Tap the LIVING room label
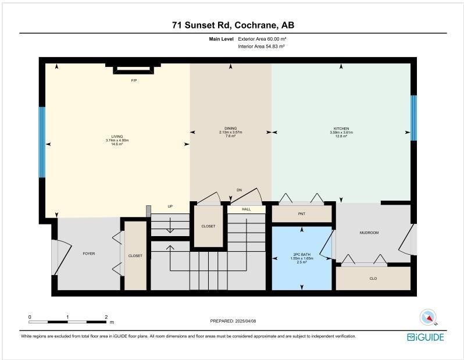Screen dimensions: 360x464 click(x=117, y=137)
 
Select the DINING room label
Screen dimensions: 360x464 click(x=230, y=129)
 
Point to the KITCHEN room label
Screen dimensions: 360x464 click(x=340, y=129)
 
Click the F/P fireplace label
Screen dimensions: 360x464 click(x=134, y=80)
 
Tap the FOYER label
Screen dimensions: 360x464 click(x=88, y=254)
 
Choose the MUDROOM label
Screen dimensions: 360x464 click(x=369, y=233)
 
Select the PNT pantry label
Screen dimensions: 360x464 click(x=301, y=214)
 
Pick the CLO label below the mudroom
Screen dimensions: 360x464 click(x=373, y=279)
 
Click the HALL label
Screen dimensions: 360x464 click(x=246, y=209)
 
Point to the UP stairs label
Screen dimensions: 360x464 click(x=170, y=206)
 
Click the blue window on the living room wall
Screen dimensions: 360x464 click(x=42, y=142)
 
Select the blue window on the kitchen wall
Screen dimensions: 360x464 click(x=413, y=114)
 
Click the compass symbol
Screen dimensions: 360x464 click(x=428, y=318)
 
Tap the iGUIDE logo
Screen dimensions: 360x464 click(x=425, y=337)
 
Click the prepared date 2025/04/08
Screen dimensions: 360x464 click(x=232, y=321)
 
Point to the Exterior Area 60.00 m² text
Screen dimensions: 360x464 click(x=262, y=39)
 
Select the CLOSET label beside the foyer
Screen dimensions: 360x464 click(x=135, y=256)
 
